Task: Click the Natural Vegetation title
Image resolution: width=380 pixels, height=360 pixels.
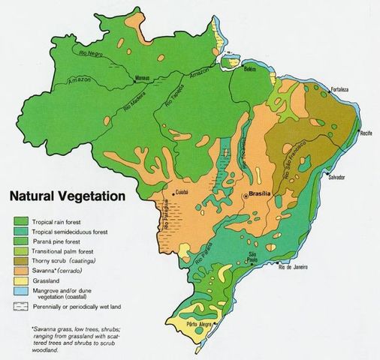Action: click(67, 198)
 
